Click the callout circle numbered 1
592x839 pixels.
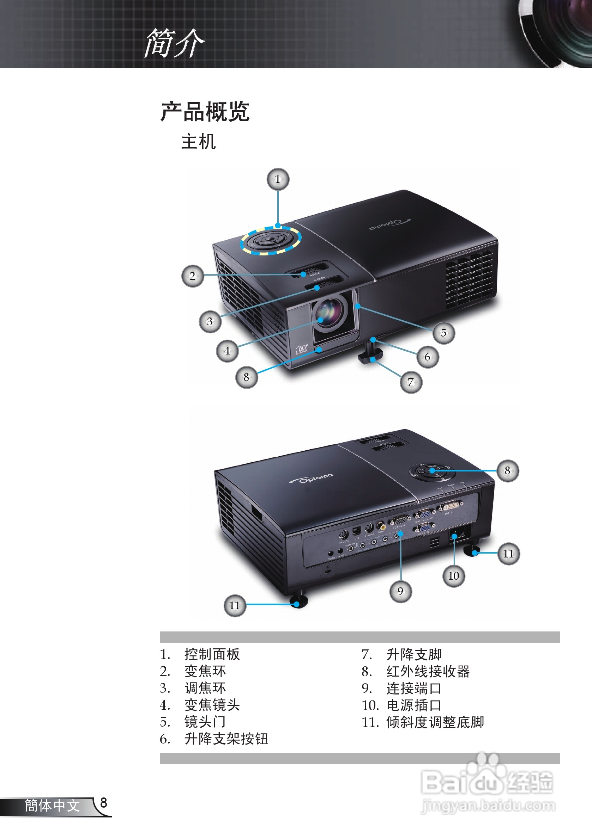coord(278,179)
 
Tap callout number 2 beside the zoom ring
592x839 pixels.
coord(193,276)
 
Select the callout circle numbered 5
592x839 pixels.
coord(443,333)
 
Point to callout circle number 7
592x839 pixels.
coord(411,382)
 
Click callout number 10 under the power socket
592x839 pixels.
coord(454,576)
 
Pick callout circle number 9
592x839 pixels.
coord(400,591)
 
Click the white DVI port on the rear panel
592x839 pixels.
coord(451,506)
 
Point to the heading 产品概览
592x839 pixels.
coord(205,112)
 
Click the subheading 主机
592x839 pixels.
coord(198,142)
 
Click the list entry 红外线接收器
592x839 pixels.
coord(428,672)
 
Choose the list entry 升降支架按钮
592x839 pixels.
coord(226,739)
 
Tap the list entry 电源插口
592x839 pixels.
coord(414,705)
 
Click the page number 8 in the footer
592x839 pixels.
coord(103,803)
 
